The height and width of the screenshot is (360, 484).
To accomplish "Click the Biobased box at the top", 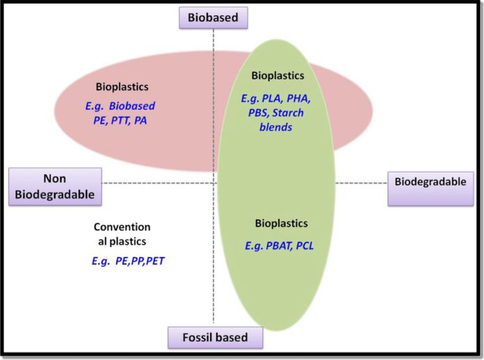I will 213,17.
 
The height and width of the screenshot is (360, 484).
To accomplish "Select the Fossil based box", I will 216,338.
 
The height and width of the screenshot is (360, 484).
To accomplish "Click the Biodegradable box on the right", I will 430,183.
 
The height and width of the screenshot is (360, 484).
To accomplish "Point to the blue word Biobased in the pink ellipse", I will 131,106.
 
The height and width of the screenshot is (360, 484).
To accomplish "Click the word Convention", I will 122,227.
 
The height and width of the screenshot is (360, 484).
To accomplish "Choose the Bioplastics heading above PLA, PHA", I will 277,75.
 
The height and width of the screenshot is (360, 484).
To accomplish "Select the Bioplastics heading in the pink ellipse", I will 122,87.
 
